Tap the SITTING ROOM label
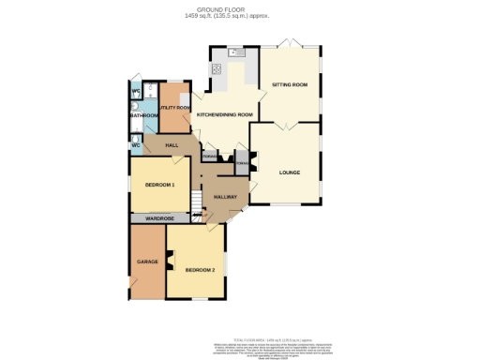point(290,85)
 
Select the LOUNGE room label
point(290,172)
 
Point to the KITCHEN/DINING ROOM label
point(224,114)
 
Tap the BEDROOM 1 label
point(160,185)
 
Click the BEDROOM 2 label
point(200,270)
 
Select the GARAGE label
point(146,261)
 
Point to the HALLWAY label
point(226,197)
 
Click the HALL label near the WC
point(172,145)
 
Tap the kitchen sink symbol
point(234,52)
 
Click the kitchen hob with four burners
point(215,67)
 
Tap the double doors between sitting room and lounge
point(290,125)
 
